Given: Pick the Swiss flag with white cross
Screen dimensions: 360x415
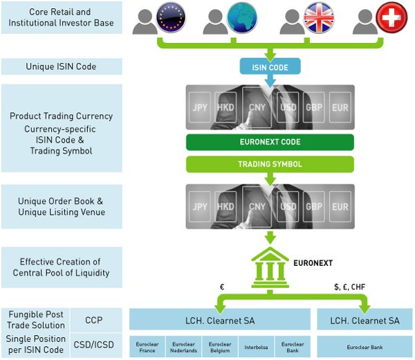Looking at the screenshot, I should point(390,18).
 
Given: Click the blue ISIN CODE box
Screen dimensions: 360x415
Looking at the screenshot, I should point(270,66).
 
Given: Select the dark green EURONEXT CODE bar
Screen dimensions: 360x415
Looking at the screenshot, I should point(270,143).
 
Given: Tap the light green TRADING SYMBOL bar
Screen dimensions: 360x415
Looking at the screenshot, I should point(270,164).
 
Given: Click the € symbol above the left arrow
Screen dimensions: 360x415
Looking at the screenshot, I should point(221,286).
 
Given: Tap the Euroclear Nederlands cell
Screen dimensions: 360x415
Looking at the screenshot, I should point(184,347).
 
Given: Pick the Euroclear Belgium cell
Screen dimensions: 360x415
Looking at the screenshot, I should point(219,347).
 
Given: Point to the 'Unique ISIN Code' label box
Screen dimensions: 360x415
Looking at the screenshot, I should point(62,66).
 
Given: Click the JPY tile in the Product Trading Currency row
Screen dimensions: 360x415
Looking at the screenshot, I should point(201,107).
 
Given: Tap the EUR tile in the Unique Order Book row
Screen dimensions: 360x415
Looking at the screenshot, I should point(340,207).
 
